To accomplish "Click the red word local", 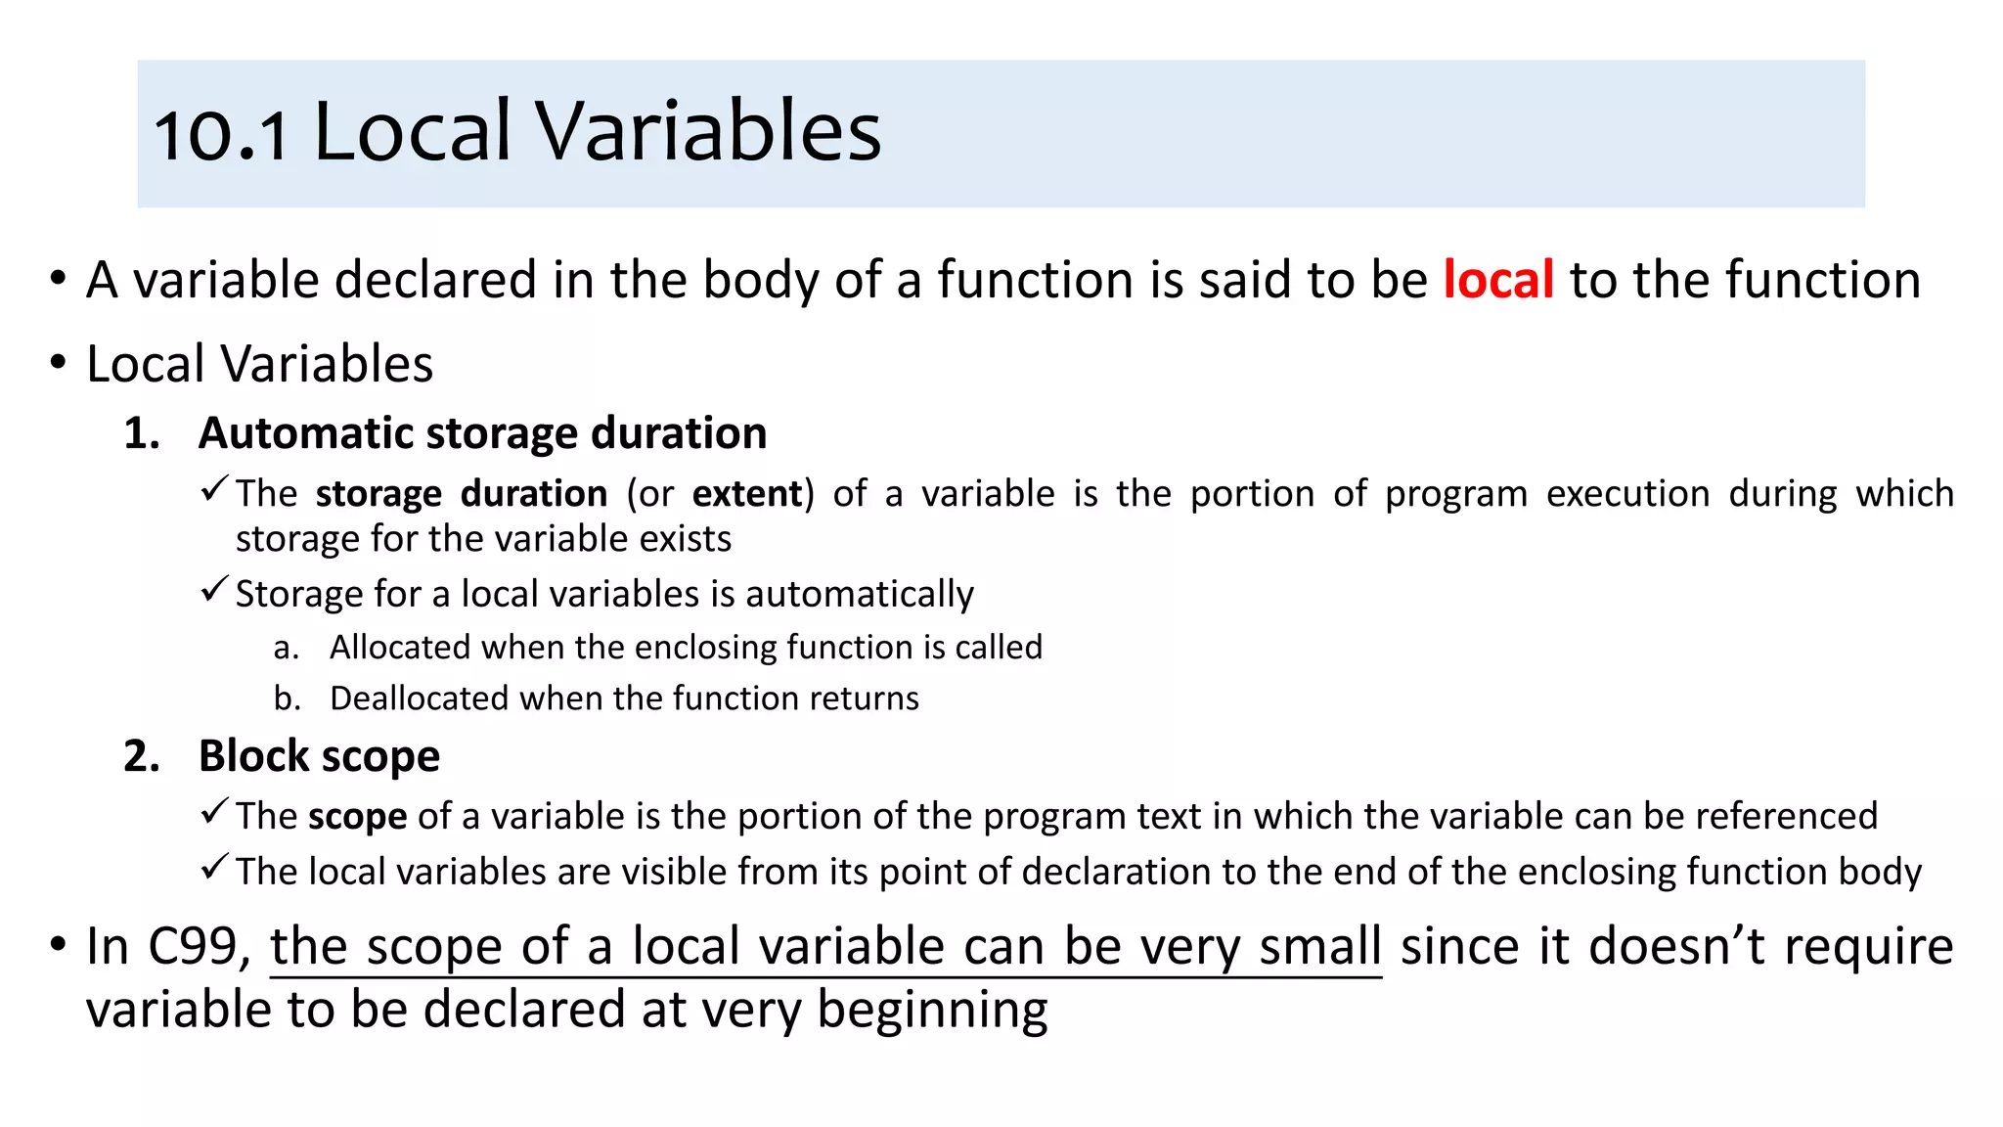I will point(1498,280).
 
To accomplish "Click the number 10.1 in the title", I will point(221,135).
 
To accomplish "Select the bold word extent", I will point(747,493).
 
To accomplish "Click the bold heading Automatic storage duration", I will point(482,433).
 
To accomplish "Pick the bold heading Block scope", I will point(319,756).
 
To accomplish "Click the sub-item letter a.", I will point(286,648).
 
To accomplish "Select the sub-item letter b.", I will point(286,699).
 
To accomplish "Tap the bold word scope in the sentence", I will point(357,817).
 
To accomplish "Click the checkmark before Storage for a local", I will point(214,590).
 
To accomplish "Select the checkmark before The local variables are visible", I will point(214,867).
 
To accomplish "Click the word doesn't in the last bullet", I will point(1676,947).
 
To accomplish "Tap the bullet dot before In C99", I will point(59,945).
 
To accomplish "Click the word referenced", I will point(1786,816).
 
